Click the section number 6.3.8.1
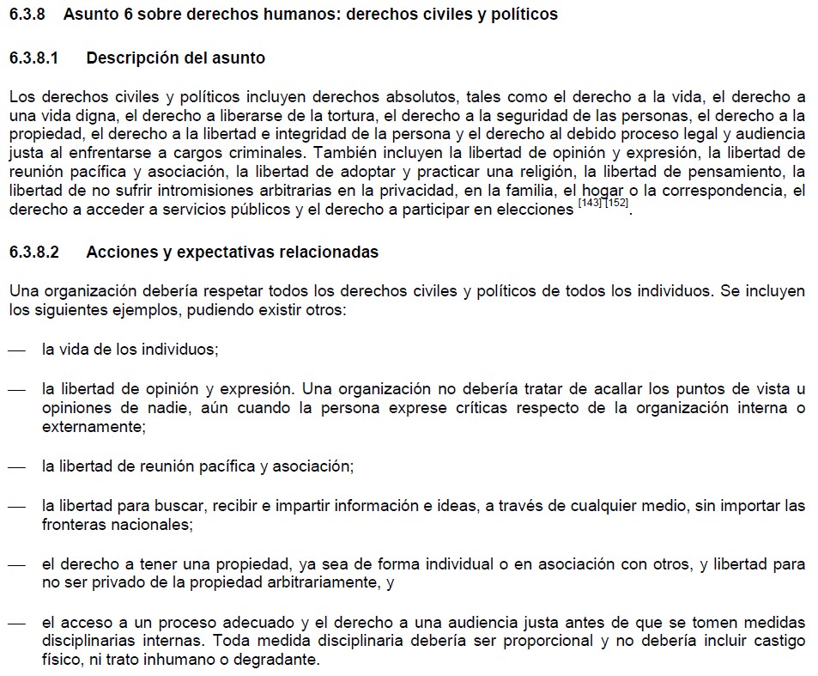point(34,58)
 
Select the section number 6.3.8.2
point(34,253)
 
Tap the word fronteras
point(72,525)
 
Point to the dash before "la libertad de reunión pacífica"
point(16,466)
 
